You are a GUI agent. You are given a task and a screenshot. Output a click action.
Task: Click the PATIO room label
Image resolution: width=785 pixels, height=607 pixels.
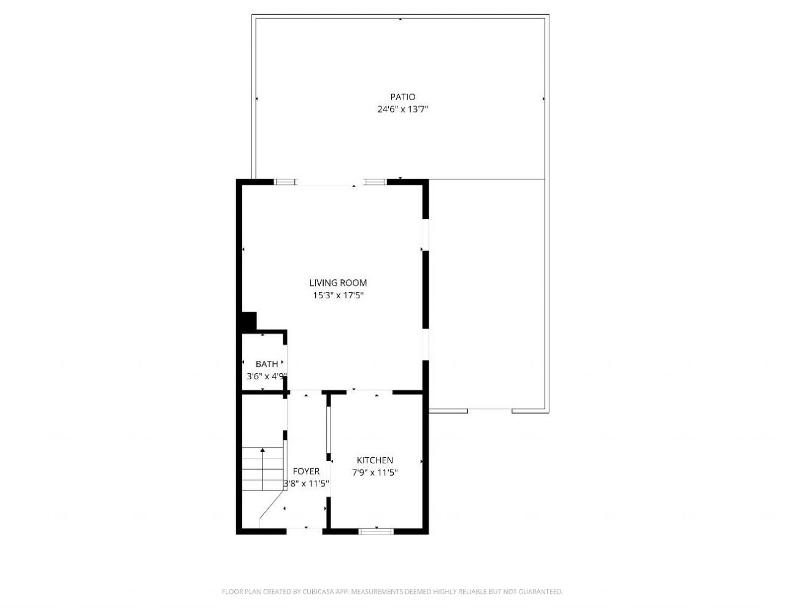(x=402, y=97)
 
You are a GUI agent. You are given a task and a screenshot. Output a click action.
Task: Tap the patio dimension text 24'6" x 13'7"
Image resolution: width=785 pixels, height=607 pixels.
(x=402, y=110)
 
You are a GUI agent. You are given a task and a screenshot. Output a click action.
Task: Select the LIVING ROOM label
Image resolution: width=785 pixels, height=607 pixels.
(x=338, y=283)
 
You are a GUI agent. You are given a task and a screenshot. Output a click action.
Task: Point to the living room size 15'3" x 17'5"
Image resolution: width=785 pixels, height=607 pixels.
(x=338, y=296)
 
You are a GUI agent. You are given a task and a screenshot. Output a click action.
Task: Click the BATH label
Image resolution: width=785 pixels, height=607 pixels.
(x=266, y=365)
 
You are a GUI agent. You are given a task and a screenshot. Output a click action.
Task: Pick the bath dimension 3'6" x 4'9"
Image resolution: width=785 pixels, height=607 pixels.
(x=266, y=377)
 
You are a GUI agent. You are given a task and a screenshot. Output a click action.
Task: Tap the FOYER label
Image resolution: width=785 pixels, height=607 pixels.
(x=306, y=471)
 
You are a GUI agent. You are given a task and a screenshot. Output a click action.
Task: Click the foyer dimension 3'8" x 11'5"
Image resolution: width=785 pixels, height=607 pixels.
(x=306, y=484)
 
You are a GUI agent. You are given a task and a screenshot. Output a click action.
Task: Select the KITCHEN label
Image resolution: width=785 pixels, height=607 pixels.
(x=375, y=460)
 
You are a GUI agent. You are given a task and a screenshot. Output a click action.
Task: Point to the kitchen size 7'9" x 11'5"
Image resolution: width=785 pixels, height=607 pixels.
(x=375, y=473)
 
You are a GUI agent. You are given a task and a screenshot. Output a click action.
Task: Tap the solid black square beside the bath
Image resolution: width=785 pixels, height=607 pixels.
(x=248, y=322)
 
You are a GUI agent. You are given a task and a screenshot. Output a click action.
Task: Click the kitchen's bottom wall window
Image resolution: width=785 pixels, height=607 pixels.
(x=376, y=531)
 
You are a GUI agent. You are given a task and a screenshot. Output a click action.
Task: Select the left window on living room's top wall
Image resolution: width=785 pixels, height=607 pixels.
(x=285, y=182)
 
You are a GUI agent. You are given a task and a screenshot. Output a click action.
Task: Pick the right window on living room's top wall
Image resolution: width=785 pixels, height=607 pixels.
(x=375, y=182)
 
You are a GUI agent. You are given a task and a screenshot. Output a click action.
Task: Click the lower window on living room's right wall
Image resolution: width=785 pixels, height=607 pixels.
(x=424, y=346)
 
